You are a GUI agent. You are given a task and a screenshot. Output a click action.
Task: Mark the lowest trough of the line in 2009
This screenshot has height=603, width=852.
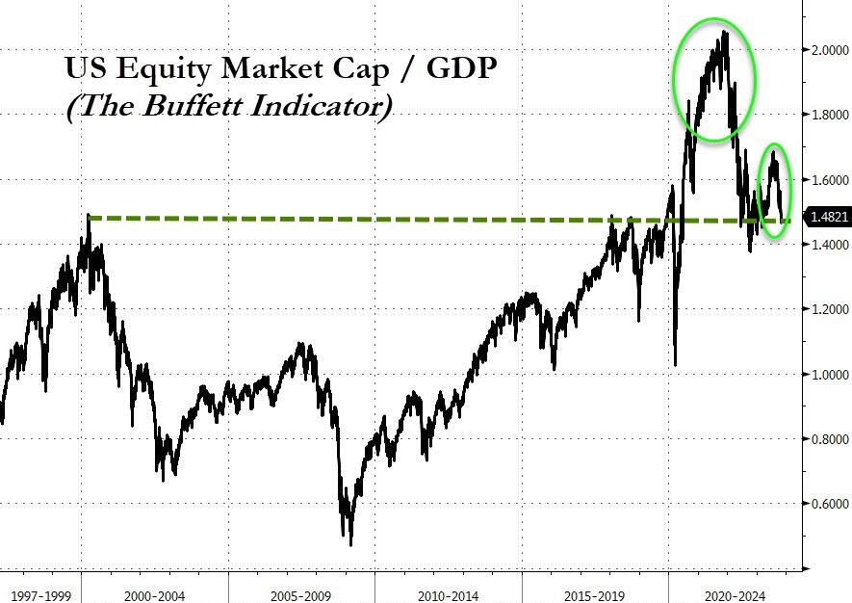(350, 544)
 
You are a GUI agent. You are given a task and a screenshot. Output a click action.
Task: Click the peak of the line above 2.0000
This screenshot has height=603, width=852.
(724, 32)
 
